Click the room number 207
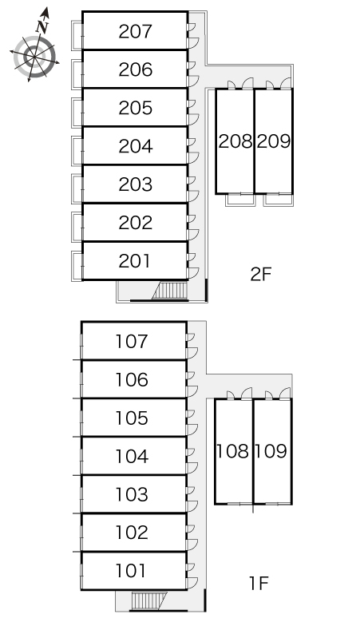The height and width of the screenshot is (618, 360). [135, 31]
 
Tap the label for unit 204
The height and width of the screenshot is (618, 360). [135, 146]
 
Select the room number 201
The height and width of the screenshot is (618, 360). [134, 261]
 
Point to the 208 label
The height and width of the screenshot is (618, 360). [235, 141]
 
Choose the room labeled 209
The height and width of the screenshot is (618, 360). [273, 141]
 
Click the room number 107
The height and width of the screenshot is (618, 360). [132, 341]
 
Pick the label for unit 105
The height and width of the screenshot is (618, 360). [132, 418]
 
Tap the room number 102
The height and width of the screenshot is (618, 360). [132, 533]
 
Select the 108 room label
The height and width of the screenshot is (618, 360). [232, 451]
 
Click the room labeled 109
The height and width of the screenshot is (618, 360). [271, 451]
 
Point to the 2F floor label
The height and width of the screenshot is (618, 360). [261, 275]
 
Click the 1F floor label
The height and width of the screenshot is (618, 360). [259, 584]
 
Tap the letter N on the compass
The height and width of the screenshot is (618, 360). [42, 27]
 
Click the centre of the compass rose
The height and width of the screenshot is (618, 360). [34, 57]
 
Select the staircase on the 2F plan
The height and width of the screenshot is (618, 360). [170, 291]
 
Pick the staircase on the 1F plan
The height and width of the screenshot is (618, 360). [149, 600]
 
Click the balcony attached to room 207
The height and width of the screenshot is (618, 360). [77, 35]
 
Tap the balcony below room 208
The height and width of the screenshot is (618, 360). [240, 200]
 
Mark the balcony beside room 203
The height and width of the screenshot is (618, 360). [77, 188]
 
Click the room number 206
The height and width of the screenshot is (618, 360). [135, 69]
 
